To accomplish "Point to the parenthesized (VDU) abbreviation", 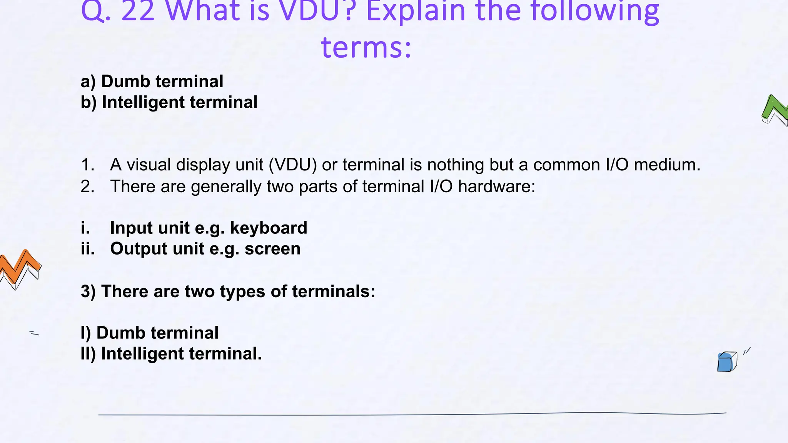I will [293, 165].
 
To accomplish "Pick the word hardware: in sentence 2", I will [496, 187].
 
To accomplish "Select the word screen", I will [272, 249].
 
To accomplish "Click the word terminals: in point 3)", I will [334, 291].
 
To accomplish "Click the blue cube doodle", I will [727, 362].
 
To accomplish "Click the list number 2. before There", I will [88, 187].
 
